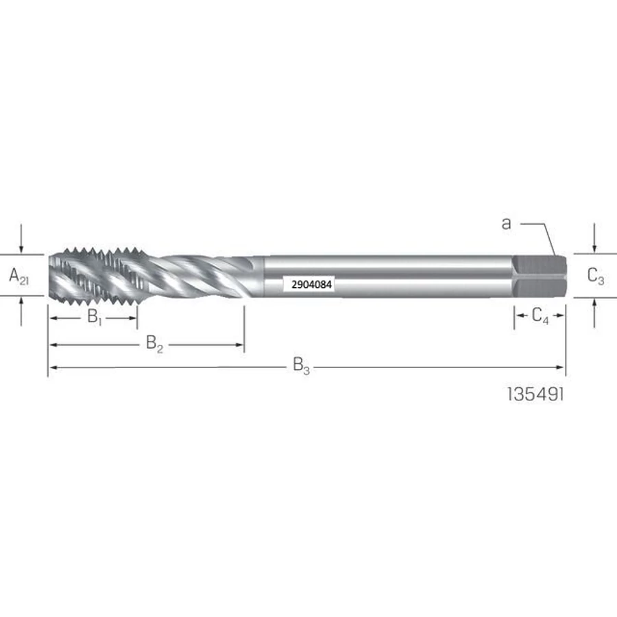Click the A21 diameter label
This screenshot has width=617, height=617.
coord(19,276)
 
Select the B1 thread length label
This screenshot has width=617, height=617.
coord(95,317)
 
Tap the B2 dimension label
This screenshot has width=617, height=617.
coord(154,343)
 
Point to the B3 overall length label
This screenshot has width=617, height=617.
coord(301,366)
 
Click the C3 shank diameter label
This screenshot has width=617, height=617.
coord(595,276)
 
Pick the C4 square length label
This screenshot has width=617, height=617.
coord(540,315)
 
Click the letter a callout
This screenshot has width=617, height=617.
coord(507,223)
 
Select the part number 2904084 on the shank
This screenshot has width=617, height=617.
coord(311,285)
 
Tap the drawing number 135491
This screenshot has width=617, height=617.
coord(535,394)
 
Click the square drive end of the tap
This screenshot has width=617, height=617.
coord(540,276)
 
